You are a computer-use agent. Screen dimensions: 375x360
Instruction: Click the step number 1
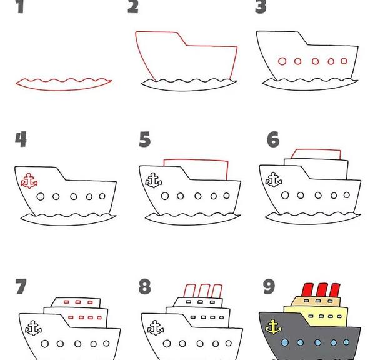pos(21,7)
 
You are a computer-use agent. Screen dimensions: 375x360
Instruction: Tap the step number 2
pos(133,7)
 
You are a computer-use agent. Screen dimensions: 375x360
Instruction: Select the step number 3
pos(261,7)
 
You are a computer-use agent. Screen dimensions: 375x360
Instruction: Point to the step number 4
pos(21,139)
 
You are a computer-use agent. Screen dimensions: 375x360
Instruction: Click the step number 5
pos(145,139)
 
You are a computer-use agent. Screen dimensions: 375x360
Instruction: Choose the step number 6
pos(273,139)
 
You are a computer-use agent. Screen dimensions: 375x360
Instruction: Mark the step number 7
pos(21,286)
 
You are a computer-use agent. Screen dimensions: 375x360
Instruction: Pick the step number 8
pos(145,286)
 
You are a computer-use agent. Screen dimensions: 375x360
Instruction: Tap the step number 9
pos(269,286)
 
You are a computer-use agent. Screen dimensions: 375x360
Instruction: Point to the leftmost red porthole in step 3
pos(282,61)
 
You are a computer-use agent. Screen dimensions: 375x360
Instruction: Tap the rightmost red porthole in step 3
pos(344,61)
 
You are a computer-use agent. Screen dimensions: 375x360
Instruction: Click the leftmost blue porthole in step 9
pos(284,342)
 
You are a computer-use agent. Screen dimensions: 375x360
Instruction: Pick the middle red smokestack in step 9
pos(322,290)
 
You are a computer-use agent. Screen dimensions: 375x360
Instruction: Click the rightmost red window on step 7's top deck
pos(90,302)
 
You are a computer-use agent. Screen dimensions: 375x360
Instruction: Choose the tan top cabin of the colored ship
pos(316,301)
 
